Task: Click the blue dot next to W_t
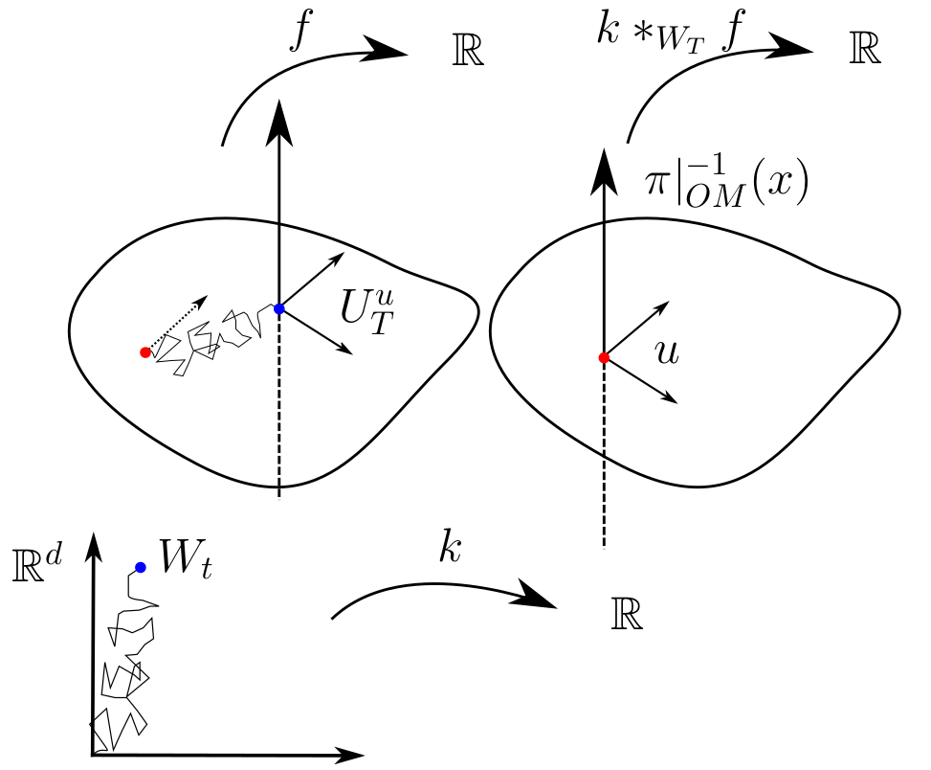141,567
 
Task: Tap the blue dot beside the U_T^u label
278,308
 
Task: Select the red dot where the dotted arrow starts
144,352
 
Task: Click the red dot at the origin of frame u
604,357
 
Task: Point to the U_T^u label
366,307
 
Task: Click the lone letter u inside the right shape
668,352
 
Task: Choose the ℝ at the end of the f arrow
468,53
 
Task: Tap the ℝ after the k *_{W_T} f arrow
864,52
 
